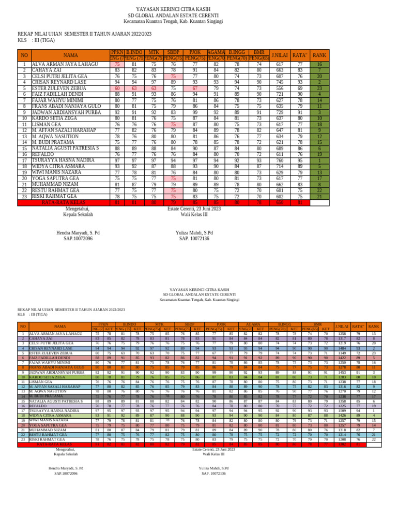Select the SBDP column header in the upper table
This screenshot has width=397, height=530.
[173, 52]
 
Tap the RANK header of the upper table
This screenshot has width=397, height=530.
[319, 55]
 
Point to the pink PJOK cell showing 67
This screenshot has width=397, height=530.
[195, 89]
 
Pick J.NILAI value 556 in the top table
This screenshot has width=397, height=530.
[280, 89]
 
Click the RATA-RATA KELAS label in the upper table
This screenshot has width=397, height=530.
[63, 202]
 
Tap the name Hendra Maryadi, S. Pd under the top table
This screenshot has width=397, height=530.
[78, 233]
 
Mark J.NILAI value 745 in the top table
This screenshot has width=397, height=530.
[280, 82]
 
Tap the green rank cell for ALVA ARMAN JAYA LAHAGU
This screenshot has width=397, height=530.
[319, 65]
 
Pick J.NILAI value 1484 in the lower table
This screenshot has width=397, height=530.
[342, 348]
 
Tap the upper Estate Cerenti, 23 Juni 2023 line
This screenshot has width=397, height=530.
[194, 209]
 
